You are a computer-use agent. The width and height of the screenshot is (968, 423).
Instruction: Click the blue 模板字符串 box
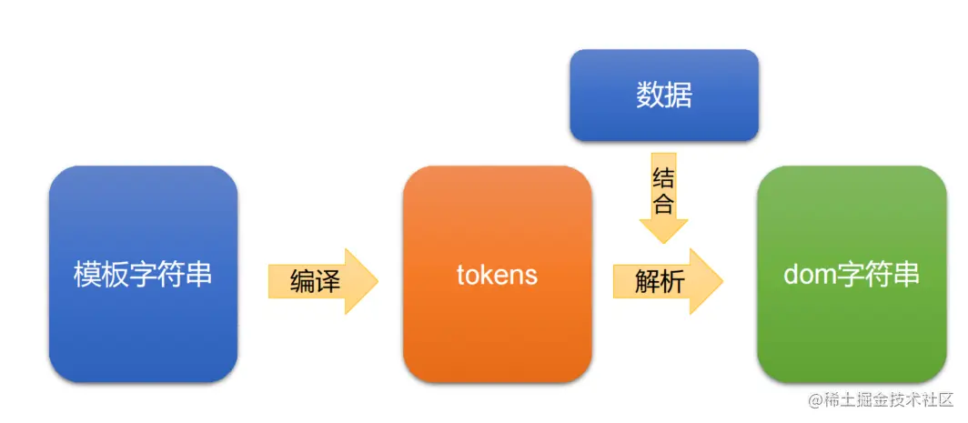coord(143,273)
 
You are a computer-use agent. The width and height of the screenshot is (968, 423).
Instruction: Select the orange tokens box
coord(497,273)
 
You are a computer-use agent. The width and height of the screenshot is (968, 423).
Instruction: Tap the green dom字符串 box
coord(852,273)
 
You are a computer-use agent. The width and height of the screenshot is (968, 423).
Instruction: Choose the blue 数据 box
coord(663,95)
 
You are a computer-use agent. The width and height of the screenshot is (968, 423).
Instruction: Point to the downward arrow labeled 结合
coord(663,195)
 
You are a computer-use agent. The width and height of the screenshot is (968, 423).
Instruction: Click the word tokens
coord(497,275)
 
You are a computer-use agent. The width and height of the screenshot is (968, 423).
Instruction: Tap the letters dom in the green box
coord(804,275)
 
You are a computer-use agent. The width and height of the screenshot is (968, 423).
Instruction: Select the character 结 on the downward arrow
coord(663,178)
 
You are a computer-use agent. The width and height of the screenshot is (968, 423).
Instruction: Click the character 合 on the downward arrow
coord(663,203)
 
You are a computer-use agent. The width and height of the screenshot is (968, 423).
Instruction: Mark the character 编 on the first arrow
coord(303,281)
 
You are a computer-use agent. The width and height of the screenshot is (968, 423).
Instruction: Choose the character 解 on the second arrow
coord(648,281)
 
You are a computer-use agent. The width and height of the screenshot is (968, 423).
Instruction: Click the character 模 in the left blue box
coord(87,275)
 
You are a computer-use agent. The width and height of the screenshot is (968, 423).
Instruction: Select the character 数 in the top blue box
coord(650,96)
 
